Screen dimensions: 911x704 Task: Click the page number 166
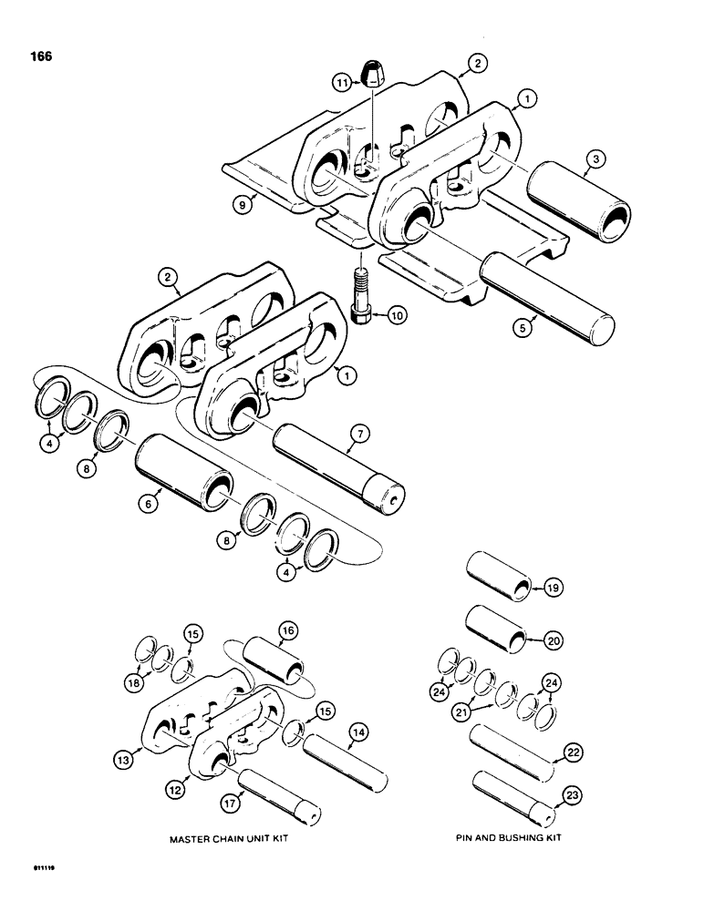coord(40,56)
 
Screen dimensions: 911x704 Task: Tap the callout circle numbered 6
coord(153,497)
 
